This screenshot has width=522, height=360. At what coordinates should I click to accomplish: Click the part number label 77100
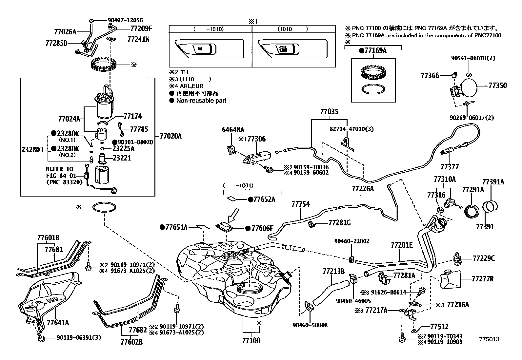251,341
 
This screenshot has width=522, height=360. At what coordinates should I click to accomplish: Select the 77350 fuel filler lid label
497,85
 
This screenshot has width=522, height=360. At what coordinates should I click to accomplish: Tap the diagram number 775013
489,339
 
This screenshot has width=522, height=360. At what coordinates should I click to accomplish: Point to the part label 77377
450,167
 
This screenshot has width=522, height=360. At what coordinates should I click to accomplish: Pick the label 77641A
58,323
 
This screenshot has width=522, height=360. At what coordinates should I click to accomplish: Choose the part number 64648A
233,130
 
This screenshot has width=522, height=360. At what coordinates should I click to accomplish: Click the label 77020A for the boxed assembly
170,136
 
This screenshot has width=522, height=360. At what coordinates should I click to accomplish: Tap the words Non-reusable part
201,101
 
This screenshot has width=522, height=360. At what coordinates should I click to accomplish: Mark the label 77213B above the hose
333,271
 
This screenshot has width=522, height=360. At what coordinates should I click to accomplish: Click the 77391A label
493,182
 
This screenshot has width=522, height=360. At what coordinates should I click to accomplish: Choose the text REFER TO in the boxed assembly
59,169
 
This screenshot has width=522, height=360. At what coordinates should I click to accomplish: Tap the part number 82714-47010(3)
351,129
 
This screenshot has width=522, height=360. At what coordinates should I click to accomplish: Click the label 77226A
363,189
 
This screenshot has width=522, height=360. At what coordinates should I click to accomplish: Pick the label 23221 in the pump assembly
122,158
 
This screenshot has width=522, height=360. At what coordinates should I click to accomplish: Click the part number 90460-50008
310,325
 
